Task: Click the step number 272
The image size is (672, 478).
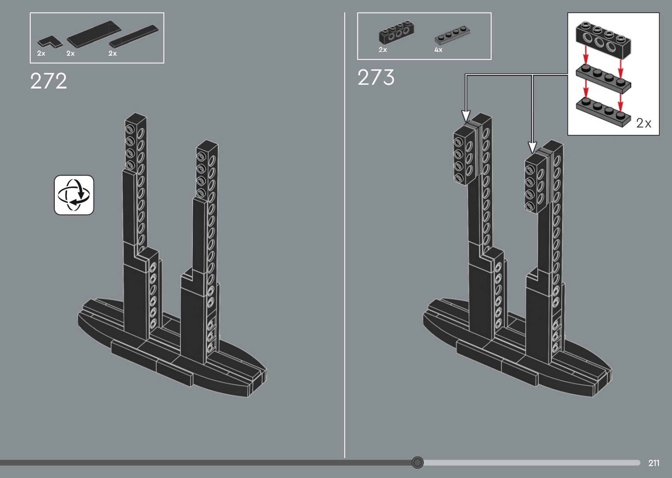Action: (48, 81)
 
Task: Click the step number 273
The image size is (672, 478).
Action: (376, 77)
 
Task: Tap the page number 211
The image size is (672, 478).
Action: (654, 463)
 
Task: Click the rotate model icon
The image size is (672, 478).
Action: (74, 195)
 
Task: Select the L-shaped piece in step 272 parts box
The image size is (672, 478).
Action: (49, 42)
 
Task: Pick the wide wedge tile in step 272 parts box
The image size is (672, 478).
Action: (94, 34)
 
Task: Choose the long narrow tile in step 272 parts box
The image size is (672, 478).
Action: (133, 36)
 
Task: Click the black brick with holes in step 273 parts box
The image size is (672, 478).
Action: (396, 32)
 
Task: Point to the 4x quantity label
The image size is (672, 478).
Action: (438, 50)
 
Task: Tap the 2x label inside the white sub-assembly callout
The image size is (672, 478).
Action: (643, 123)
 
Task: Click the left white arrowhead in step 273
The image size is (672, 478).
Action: (466, 116)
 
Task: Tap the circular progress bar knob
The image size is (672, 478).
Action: (417, 463)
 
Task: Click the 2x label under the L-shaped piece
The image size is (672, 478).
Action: (41, 53)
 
